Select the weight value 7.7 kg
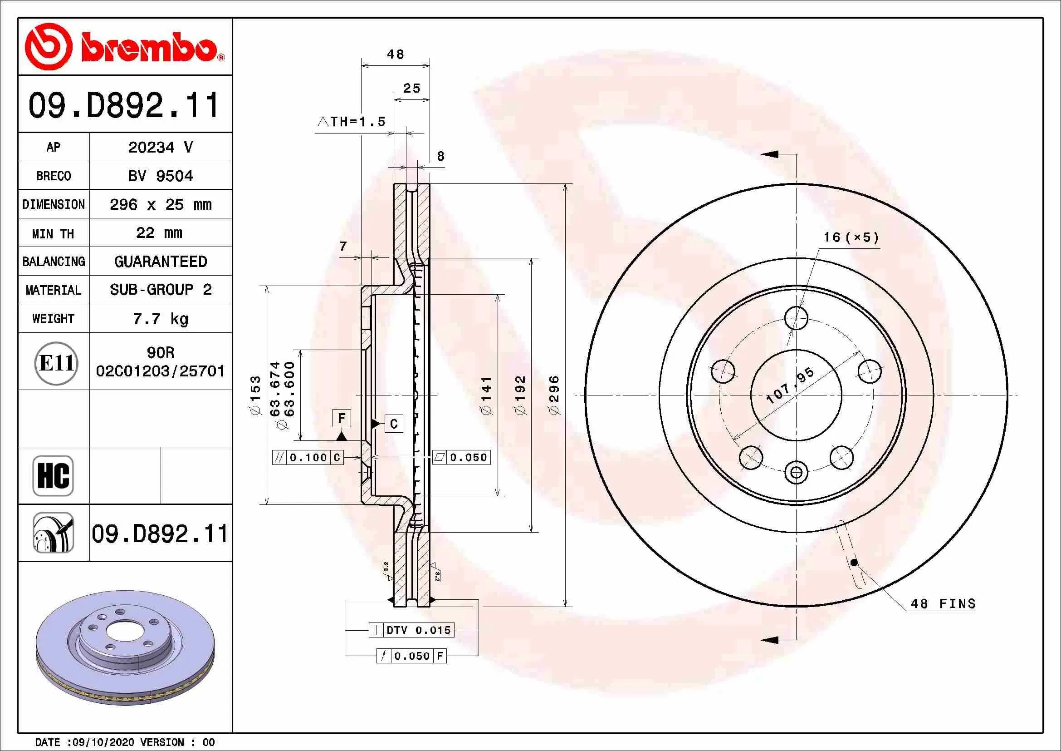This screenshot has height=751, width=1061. (x=160, y=319)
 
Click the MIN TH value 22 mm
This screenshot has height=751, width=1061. (x=159, y=232)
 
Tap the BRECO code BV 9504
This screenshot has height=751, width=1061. (x=160, y=176)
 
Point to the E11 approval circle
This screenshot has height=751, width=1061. (x=56, y=363)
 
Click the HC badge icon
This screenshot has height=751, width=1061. (x=53, y=475)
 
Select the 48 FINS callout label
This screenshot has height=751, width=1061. (x=943, y=603)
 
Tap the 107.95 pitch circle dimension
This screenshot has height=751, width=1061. (x=790, y=385)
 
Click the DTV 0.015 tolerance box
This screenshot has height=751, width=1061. (x=411, y=630)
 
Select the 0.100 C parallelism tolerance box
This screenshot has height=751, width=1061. (x=308, y=457)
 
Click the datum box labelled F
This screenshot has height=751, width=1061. (x=342, y=418)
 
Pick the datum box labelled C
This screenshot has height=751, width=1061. (x=394, y=424)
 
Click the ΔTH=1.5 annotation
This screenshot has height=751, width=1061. (x=352, y=122)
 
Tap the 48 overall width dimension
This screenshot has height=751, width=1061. (x=396, y=54)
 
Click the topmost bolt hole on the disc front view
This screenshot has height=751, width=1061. (x=796, y=318)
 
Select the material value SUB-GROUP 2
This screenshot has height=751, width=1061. (x=160, y=290)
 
